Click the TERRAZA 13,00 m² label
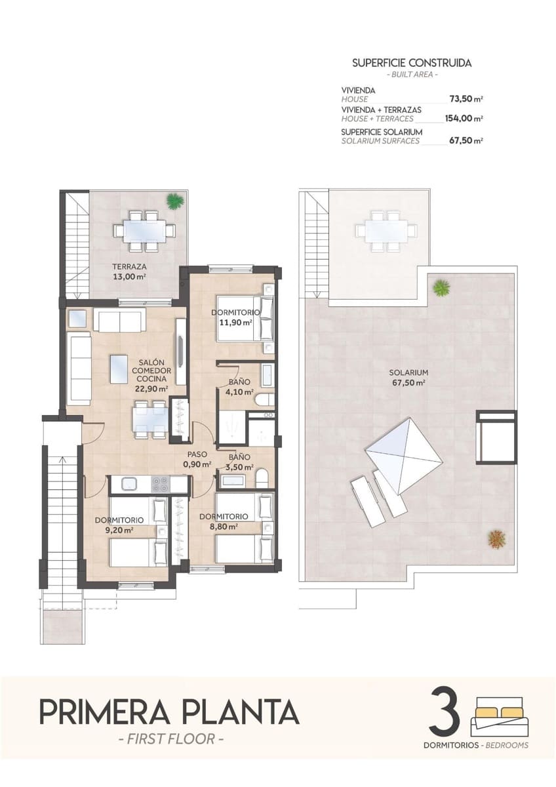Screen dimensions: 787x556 129,272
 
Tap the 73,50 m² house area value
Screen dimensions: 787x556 466,99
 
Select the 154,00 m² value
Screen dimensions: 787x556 464,119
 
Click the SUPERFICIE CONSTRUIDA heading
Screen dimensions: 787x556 412,64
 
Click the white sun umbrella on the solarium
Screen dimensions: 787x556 403,454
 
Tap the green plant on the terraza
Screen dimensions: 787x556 174,201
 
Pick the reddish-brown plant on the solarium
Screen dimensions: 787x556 496,538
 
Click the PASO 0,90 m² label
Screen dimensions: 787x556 198,459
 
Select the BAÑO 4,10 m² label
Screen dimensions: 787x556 238,388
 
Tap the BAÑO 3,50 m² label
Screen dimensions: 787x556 238,462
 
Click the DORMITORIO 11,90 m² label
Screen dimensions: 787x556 236,317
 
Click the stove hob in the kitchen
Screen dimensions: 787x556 160,484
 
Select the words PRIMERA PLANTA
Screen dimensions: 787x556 169,712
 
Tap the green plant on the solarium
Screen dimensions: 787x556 442,287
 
